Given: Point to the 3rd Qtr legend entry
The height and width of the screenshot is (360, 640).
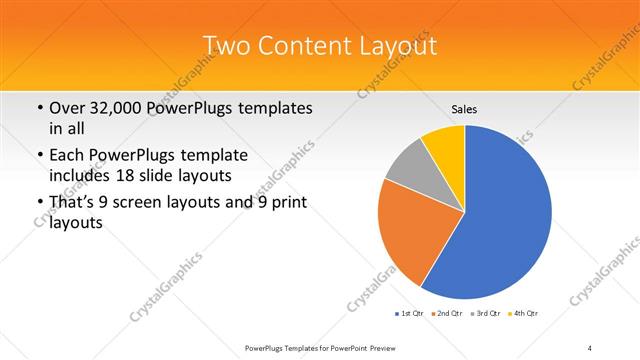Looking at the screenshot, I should (485, 315).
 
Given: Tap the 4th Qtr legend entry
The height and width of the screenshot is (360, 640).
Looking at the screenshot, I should (524, 315).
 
